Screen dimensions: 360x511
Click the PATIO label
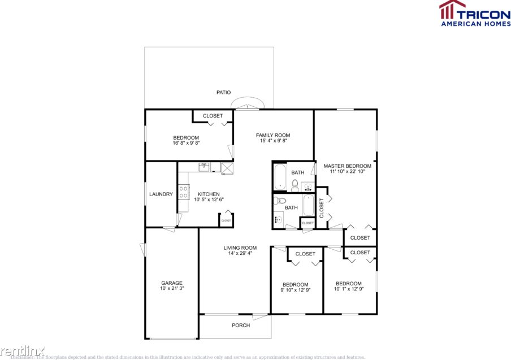point(223,92)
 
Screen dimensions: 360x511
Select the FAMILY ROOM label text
point(273,135)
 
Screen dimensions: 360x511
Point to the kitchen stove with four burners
point(183,192)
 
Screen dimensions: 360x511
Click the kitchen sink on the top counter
point(204,166)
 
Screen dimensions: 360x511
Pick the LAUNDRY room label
point(161,194)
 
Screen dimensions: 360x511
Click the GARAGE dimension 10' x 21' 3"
point(172,288)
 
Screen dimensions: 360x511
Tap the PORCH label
point(241,325)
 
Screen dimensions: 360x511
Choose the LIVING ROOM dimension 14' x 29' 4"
point(240,253)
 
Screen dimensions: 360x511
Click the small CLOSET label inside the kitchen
point(226,220)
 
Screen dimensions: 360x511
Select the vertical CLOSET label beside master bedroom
point(321,208)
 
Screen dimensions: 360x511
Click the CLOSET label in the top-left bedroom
point(213,116)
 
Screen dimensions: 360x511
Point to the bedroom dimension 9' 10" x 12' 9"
point(296,290)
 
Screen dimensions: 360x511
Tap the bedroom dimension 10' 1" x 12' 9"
point(348,289)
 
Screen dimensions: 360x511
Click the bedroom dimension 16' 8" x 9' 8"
point(186,143)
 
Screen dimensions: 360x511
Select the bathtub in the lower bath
point(308,205)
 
